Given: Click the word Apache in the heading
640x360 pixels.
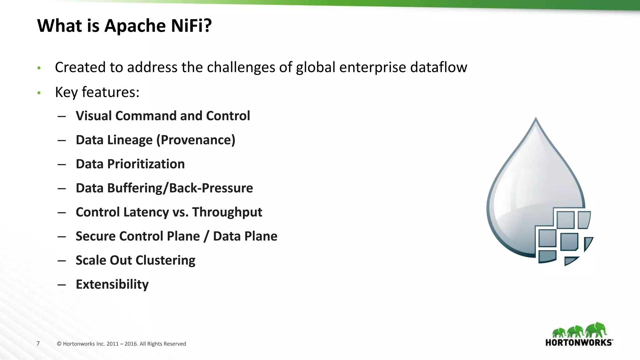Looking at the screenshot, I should coord(135,26).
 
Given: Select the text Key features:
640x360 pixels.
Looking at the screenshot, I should coord(97,92).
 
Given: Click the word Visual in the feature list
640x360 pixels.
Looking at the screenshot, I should coord(94,116).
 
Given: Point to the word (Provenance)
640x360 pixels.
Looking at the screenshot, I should coord(196,140).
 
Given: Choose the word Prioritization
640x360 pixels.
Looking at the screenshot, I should coord(146,164).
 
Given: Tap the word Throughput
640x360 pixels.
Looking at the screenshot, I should coord(227,212).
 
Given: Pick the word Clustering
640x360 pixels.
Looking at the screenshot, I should coord(165,260).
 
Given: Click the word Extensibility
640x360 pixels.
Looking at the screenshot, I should coord(112,284).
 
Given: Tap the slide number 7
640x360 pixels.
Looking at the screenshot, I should coord(38,343).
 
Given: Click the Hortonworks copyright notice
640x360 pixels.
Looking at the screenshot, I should coord(122,344).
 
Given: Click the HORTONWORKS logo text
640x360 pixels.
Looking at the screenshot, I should coord(579,342).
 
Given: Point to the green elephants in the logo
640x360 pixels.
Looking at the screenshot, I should coord(579,331).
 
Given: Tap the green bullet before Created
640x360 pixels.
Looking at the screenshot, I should coord(39,68).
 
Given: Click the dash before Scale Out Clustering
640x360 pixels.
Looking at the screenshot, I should coord(62,261).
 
